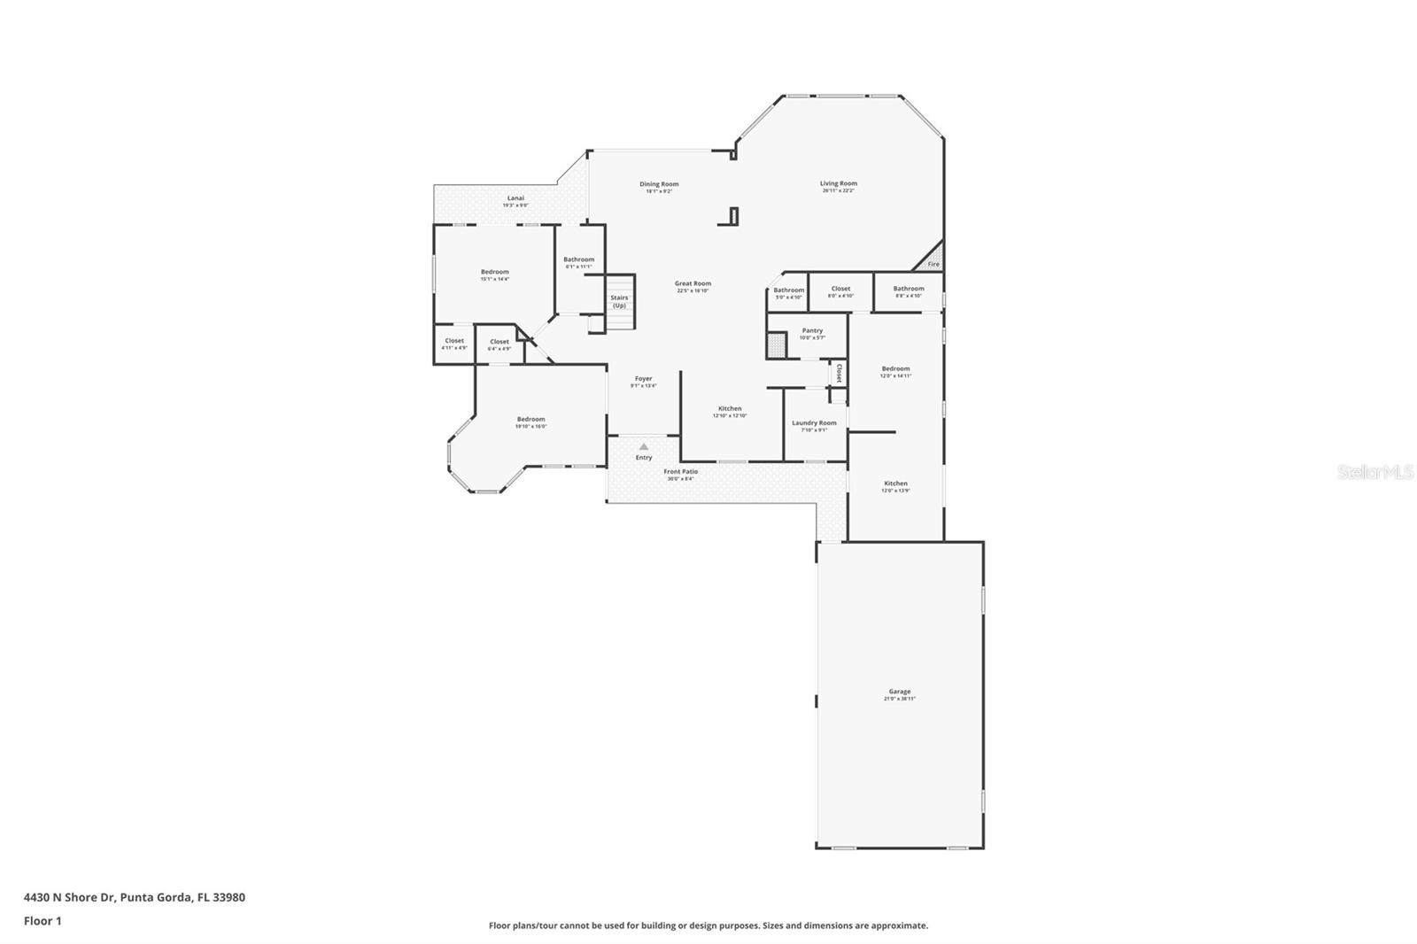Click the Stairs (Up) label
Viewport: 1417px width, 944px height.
[x=619, y=301]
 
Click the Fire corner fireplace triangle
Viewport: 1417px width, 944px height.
[x=933, y=262]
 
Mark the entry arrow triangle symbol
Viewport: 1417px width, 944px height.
[x=644, y=446]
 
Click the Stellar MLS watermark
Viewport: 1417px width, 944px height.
[x=1374, y=473]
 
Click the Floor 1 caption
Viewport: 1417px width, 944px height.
[x=43, y=921]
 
